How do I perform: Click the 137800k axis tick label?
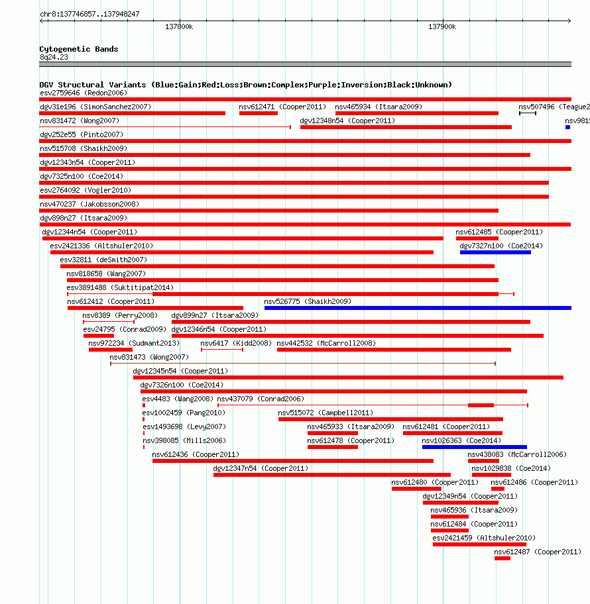point(179,26)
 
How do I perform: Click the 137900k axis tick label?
point(442,26)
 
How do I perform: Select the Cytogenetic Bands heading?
point(79,49)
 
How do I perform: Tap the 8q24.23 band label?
point(54,57)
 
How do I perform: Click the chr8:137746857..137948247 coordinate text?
point(90,15)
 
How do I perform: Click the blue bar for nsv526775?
point(418,308)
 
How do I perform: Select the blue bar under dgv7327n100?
point(495,252)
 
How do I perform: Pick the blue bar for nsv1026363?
point(474,447)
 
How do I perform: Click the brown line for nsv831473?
point(303,363)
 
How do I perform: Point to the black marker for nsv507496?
point(528,113)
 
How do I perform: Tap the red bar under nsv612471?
point(259,113)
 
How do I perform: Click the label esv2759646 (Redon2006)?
point(84,93)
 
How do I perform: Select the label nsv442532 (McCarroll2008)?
point(326,343)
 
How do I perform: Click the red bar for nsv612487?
point(502,558)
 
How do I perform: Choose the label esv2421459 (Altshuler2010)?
point(484,538)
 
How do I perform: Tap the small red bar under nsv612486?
point(498,489)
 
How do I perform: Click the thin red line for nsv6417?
point(222,350)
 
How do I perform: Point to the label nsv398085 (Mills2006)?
point(184,440)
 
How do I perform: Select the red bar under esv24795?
point(99,336)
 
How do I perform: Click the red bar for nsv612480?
point(416,489)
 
